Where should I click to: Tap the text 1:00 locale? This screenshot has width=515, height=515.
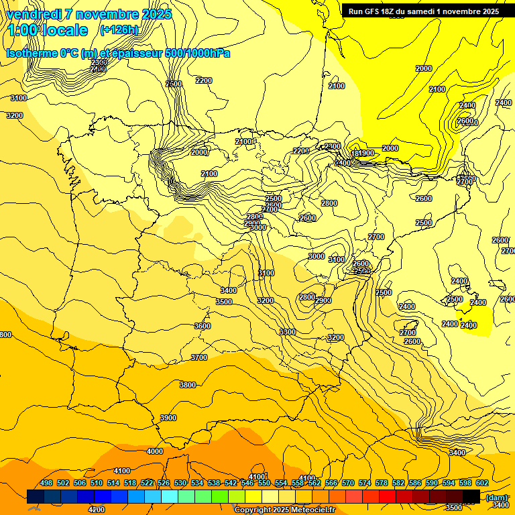[x=48, y=30]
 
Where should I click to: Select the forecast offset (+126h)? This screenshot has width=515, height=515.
[x=119, y=30]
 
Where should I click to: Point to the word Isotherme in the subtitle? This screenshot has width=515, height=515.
[x=31, y=53]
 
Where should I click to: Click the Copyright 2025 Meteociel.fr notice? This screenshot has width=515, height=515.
[x=284, y=510]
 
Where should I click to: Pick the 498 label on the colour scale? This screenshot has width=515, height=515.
[x=46, y=483]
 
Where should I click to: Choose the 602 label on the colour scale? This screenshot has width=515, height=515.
[x=482, y=483]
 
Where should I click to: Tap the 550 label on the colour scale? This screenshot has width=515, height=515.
[x=264, y=483]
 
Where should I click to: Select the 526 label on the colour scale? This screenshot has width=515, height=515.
[x=164, y=483]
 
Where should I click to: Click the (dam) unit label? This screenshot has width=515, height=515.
[x=496, y=497]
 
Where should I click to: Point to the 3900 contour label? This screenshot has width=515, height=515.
[x=168, y=418]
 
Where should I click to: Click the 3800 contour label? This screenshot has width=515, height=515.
[x=188, y=385]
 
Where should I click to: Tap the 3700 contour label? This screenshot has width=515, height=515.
[x=199, y=357]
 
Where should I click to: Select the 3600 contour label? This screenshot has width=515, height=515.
[x=203, y=326]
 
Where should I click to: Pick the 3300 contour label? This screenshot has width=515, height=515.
[x=288, y=332]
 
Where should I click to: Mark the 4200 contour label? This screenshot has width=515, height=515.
[x=97, y=510]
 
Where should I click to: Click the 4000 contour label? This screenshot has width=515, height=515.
[x=155, y=451]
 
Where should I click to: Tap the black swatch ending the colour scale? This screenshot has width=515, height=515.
[x=471, y=496]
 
